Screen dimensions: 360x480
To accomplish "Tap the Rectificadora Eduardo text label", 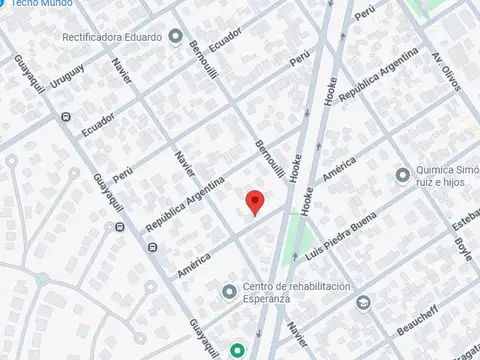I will coord(113,37).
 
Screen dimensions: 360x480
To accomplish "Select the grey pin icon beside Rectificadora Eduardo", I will coord(175,37).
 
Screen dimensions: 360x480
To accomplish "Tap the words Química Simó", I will coord(447,174).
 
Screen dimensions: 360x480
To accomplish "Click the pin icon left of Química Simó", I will coord(402,175).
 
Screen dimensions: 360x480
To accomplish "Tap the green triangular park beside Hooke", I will coord(294,237).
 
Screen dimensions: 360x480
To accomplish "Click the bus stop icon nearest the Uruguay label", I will coord(65,117).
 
